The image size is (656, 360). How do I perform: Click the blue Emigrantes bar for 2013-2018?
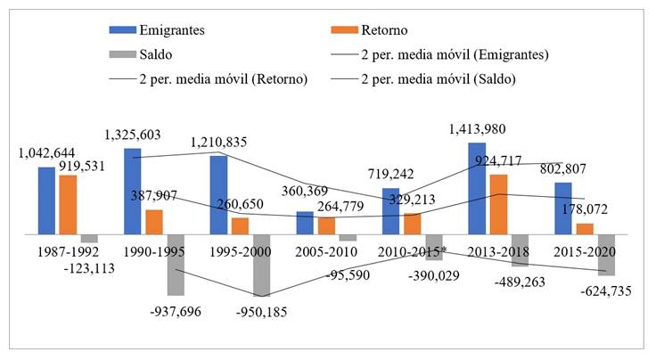tap(477, 188)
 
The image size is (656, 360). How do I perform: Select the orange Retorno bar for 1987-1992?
tap(68, 204)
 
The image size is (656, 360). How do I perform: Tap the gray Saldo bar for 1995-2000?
tap(261, 265)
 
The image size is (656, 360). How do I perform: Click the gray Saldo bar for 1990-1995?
tap(176, 264)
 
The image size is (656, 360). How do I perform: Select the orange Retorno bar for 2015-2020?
tap(585, 228)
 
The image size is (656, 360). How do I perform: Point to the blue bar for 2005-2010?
tap(305, 223)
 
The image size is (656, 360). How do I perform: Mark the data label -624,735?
tap(603, 290)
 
